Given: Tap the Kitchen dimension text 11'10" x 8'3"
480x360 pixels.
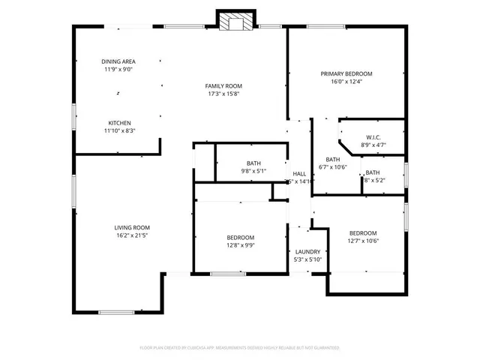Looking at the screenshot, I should pyautogui.click(x=120, y=130).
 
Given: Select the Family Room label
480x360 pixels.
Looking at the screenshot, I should pyautogui.click(x=224, y=86).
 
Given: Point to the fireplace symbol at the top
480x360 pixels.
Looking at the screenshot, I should pyautogui.click(x=232, y=22).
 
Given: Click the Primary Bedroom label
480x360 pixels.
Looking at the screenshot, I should pyautogui.click(x=346, y=73).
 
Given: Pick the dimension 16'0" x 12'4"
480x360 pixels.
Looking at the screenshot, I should pyautogui.click(x=346, y=82).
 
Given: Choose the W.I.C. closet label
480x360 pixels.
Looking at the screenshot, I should pyautogui.click(x=373, y=137).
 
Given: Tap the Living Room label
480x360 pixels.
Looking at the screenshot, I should pyautogui.click(x=132, y=227).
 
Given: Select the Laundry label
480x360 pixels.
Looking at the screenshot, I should pyautogui.click(x=307, y=251).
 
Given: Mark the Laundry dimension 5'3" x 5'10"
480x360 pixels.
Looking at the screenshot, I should pyautogui.click(x=307, y=259).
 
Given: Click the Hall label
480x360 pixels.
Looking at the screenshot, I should pyautogui.click(x=299, y=173).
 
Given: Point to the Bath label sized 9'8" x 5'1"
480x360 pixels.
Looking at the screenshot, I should pyautogui.click(x=253, y=163).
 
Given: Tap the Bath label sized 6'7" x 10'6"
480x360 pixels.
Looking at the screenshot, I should pyautogui.click(x=332, y=159).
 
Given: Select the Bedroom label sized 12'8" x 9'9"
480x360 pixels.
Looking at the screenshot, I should pyautogui.click(x=241, y=237).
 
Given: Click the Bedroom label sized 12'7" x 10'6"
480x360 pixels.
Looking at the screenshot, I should pyautogui.click(x=362, y=232).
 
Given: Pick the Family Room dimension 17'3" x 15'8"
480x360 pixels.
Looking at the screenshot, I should pyautogui.click(x=224, y=94).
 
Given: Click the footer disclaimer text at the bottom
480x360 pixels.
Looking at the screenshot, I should pyautogui.click(x=240, y=348).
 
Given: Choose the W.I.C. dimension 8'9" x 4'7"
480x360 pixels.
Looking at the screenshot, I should pyautogui.click(x=373, y=145).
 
